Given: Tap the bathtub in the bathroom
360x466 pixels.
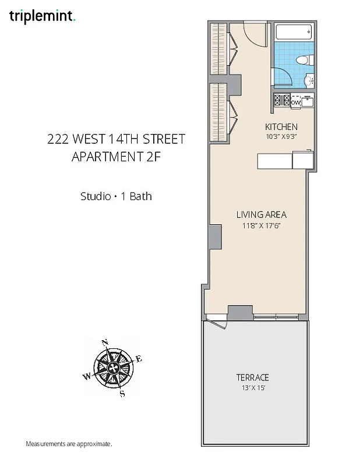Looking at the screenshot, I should click(x=294, y=33).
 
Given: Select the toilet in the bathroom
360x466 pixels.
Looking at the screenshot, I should click(x=302, y=60).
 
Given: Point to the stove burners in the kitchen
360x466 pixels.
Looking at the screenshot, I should click(x=282, y=101).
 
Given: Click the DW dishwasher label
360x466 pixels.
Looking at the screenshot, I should click(x=296, y=103).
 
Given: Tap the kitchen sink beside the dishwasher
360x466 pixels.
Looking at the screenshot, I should click(x=308, y=102).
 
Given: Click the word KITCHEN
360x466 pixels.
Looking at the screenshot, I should click(x=281, y=127).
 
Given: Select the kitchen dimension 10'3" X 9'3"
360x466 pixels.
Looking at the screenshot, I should click(x=281, y=136).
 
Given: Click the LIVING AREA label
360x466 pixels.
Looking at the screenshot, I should click(x=261, y=214).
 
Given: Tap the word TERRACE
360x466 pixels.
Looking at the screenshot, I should click(x=252, y=377).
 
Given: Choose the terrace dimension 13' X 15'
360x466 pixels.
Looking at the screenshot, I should click(x=252, y=387).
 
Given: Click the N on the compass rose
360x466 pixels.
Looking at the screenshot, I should click(x=105, y=343).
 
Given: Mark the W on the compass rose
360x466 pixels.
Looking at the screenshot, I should click(x=87, y=376).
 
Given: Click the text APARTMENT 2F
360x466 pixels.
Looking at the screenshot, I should click(x=116, y=157).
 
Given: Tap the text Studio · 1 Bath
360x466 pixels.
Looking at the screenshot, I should click(x=116, y=196).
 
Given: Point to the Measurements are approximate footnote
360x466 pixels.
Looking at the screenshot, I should click(x=69, y=444).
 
